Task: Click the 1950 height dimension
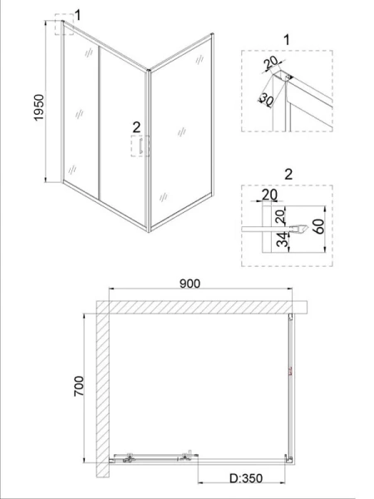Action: click(39, 107)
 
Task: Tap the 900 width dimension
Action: click(189, 284)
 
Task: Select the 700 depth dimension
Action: click(79, 386)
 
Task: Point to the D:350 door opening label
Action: click(246, 478)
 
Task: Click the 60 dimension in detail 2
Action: click(320, 226)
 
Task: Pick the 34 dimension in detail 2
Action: click(282, 240)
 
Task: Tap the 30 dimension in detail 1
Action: click(266, 100)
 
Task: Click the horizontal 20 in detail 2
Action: click(269, 195)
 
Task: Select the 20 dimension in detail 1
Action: click(271, 62)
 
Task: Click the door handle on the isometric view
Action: click(140, 146)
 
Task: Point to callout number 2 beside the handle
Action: click(136, 127)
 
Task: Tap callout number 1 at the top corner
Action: click(77, 15)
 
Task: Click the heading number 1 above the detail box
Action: click(287, 41)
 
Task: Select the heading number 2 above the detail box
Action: click(288, 175)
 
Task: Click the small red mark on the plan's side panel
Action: click(290, 371)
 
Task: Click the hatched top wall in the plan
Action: click(202, 307)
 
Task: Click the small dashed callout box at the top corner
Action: click(64, 24)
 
